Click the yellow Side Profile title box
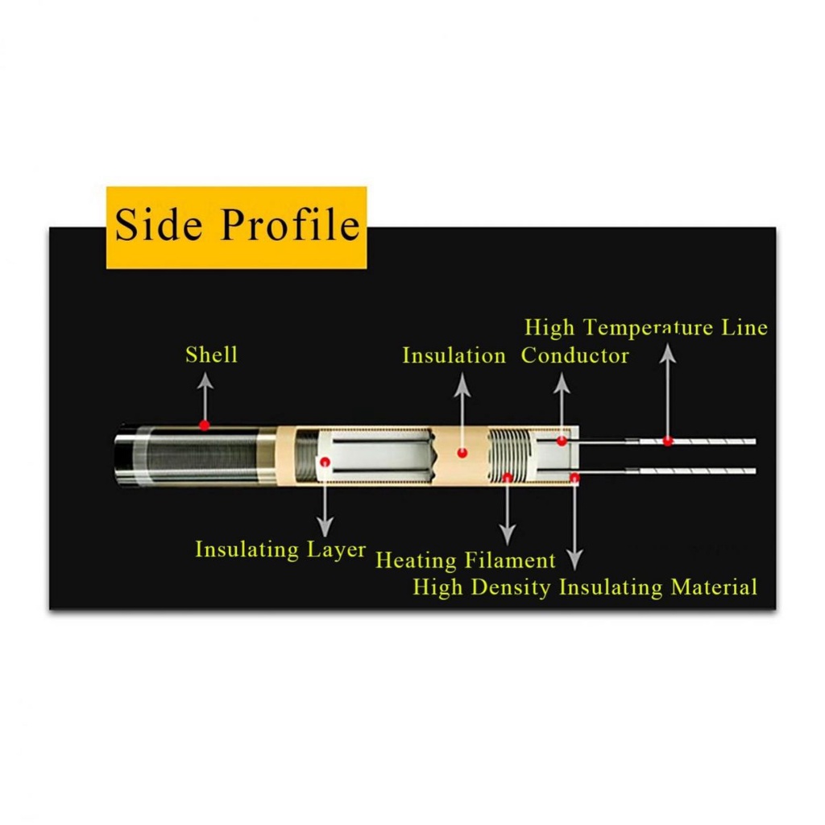tap(237, 227)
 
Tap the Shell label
tap(211, 354)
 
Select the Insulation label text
tap(454, 355)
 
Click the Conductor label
tap(574, 355)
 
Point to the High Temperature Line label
tap(645, 328)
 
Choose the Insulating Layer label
tap(280, 550)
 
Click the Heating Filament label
tap(466, 560)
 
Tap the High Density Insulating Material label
tap(585, 587)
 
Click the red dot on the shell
tap(205, 425)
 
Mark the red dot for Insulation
tap(462, 454)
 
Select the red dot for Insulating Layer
tap(325, 462)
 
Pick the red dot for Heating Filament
tap(508, 477)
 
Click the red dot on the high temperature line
tap(668, 441)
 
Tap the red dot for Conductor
tap(562, 441)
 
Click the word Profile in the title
tap(289, 226)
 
